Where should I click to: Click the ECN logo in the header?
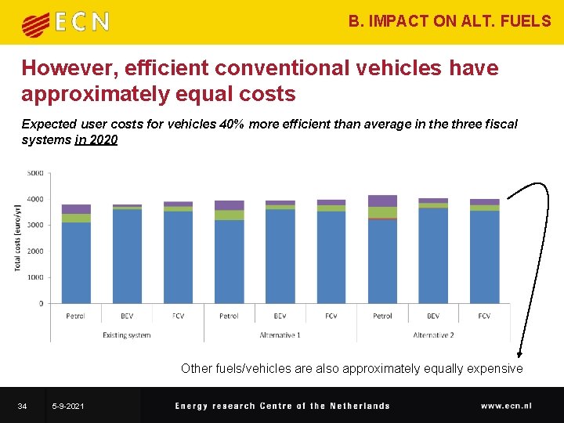(65, 23)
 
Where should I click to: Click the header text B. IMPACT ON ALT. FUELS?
(450, 21)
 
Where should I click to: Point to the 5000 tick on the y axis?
(36, 173)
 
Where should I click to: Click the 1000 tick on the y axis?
(36, 277)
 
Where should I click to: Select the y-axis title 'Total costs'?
(17, 237)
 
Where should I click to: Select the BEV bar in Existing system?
(127, 254)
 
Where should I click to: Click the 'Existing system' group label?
(127, 334)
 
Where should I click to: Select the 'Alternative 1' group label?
(280, 334)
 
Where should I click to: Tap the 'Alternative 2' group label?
(433, 334)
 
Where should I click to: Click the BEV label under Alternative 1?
(280, 316)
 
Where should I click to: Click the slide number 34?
(23, 406)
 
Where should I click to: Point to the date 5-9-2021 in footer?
(68, 406)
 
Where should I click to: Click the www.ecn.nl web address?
(506, 406)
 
